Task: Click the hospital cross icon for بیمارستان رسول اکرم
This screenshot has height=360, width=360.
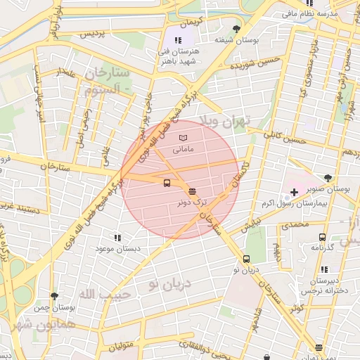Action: coord(294,192)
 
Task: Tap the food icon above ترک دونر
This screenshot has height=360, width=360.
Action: coord(192,191)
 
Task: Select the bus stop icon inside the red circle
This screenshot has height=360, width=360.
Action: coord(167,184)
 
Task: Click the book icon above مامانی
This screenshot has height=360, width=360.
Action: coord(184,138)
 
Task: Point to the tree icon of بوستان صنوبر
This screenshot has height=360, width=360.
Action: coord(328,178)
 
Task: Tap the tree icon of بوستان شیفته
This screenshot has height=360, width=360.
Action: coord(236,29)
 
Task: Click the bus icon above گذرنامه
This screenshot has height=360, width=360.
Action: coord(322,237)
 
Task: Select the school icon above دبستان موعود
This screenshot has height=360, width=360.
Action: coord(117,238)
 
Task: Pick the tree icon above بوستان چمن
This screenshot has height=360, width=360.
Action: coord(54,296)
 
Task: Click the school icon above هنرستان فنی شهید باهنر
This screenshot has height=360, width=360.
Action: coord(179,41)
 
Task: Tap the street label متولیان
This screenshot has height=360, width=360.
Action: coord(120,345)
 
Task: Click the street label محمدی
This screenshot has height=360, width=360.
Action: coord(295,226)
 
